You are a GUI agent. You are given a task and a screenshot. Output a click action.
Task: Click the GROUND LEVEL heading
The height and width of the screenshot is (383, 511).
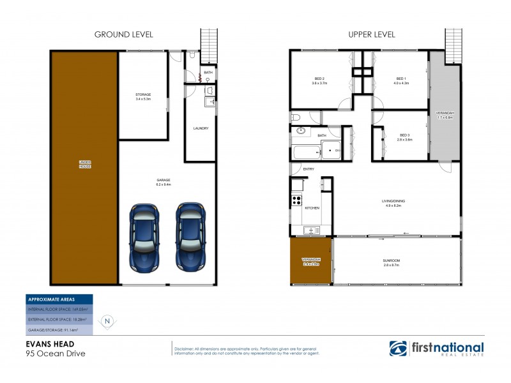click(x=123, y=34)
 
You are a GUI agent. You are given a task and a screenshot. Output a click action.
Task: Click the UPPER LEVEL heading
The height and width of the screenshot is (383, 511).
click(x=371, y=34)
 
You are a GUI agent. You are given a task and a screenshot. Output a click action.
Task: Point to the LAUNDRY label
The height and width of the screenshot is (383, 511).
click(x=201, y=128)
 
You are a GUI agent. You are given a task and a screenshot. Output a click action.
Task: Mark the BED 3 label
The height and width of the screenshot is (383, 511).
click(x=404, y=136)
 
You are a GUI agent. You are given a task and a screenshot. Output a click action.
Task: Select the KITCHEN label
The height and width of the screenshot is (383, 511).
click(x=311, y=209)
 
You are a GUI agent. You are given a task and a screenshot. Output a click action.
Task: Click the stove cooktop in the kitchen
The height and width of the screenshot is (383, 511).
click(x=297, y=200)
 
